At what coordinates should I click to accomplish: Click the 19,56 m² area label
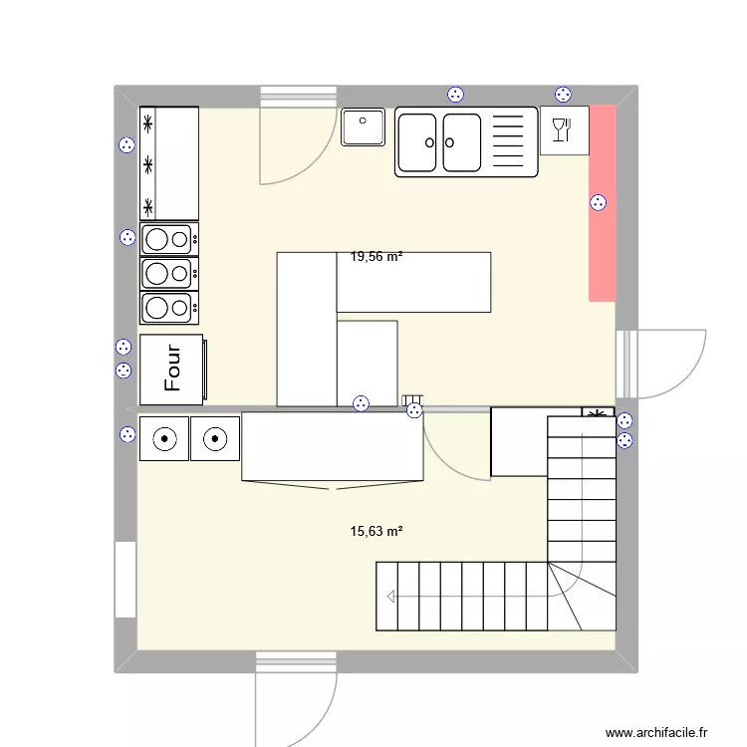pos(376,257)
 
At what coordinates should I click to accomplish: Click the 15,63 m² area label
pos(376,532)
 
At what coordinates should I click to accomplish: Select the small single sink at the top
pos(364,127)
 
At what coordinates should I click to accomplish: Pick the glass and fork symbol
pos(563,130)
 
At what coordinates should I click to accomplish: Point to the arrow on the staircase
pos(390,597)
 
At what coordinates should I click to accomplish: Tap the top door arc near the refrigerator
pos(295,145)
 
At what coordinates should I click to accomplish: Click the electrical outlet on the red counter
pos(599,203)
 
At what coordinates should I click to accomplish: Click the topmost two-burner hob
pos(168,239)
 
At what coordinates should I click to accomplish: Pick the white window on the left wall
pos(125,580)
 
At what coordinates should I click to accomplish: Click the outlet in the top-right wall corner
pos(563,95)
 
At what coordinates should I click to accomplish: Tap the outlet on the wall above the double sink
pos(455,95)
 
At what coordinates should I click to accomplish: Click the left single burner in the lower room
pos(164,438)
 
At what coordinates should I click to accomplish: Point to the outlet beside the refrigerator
pos(126,145)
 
